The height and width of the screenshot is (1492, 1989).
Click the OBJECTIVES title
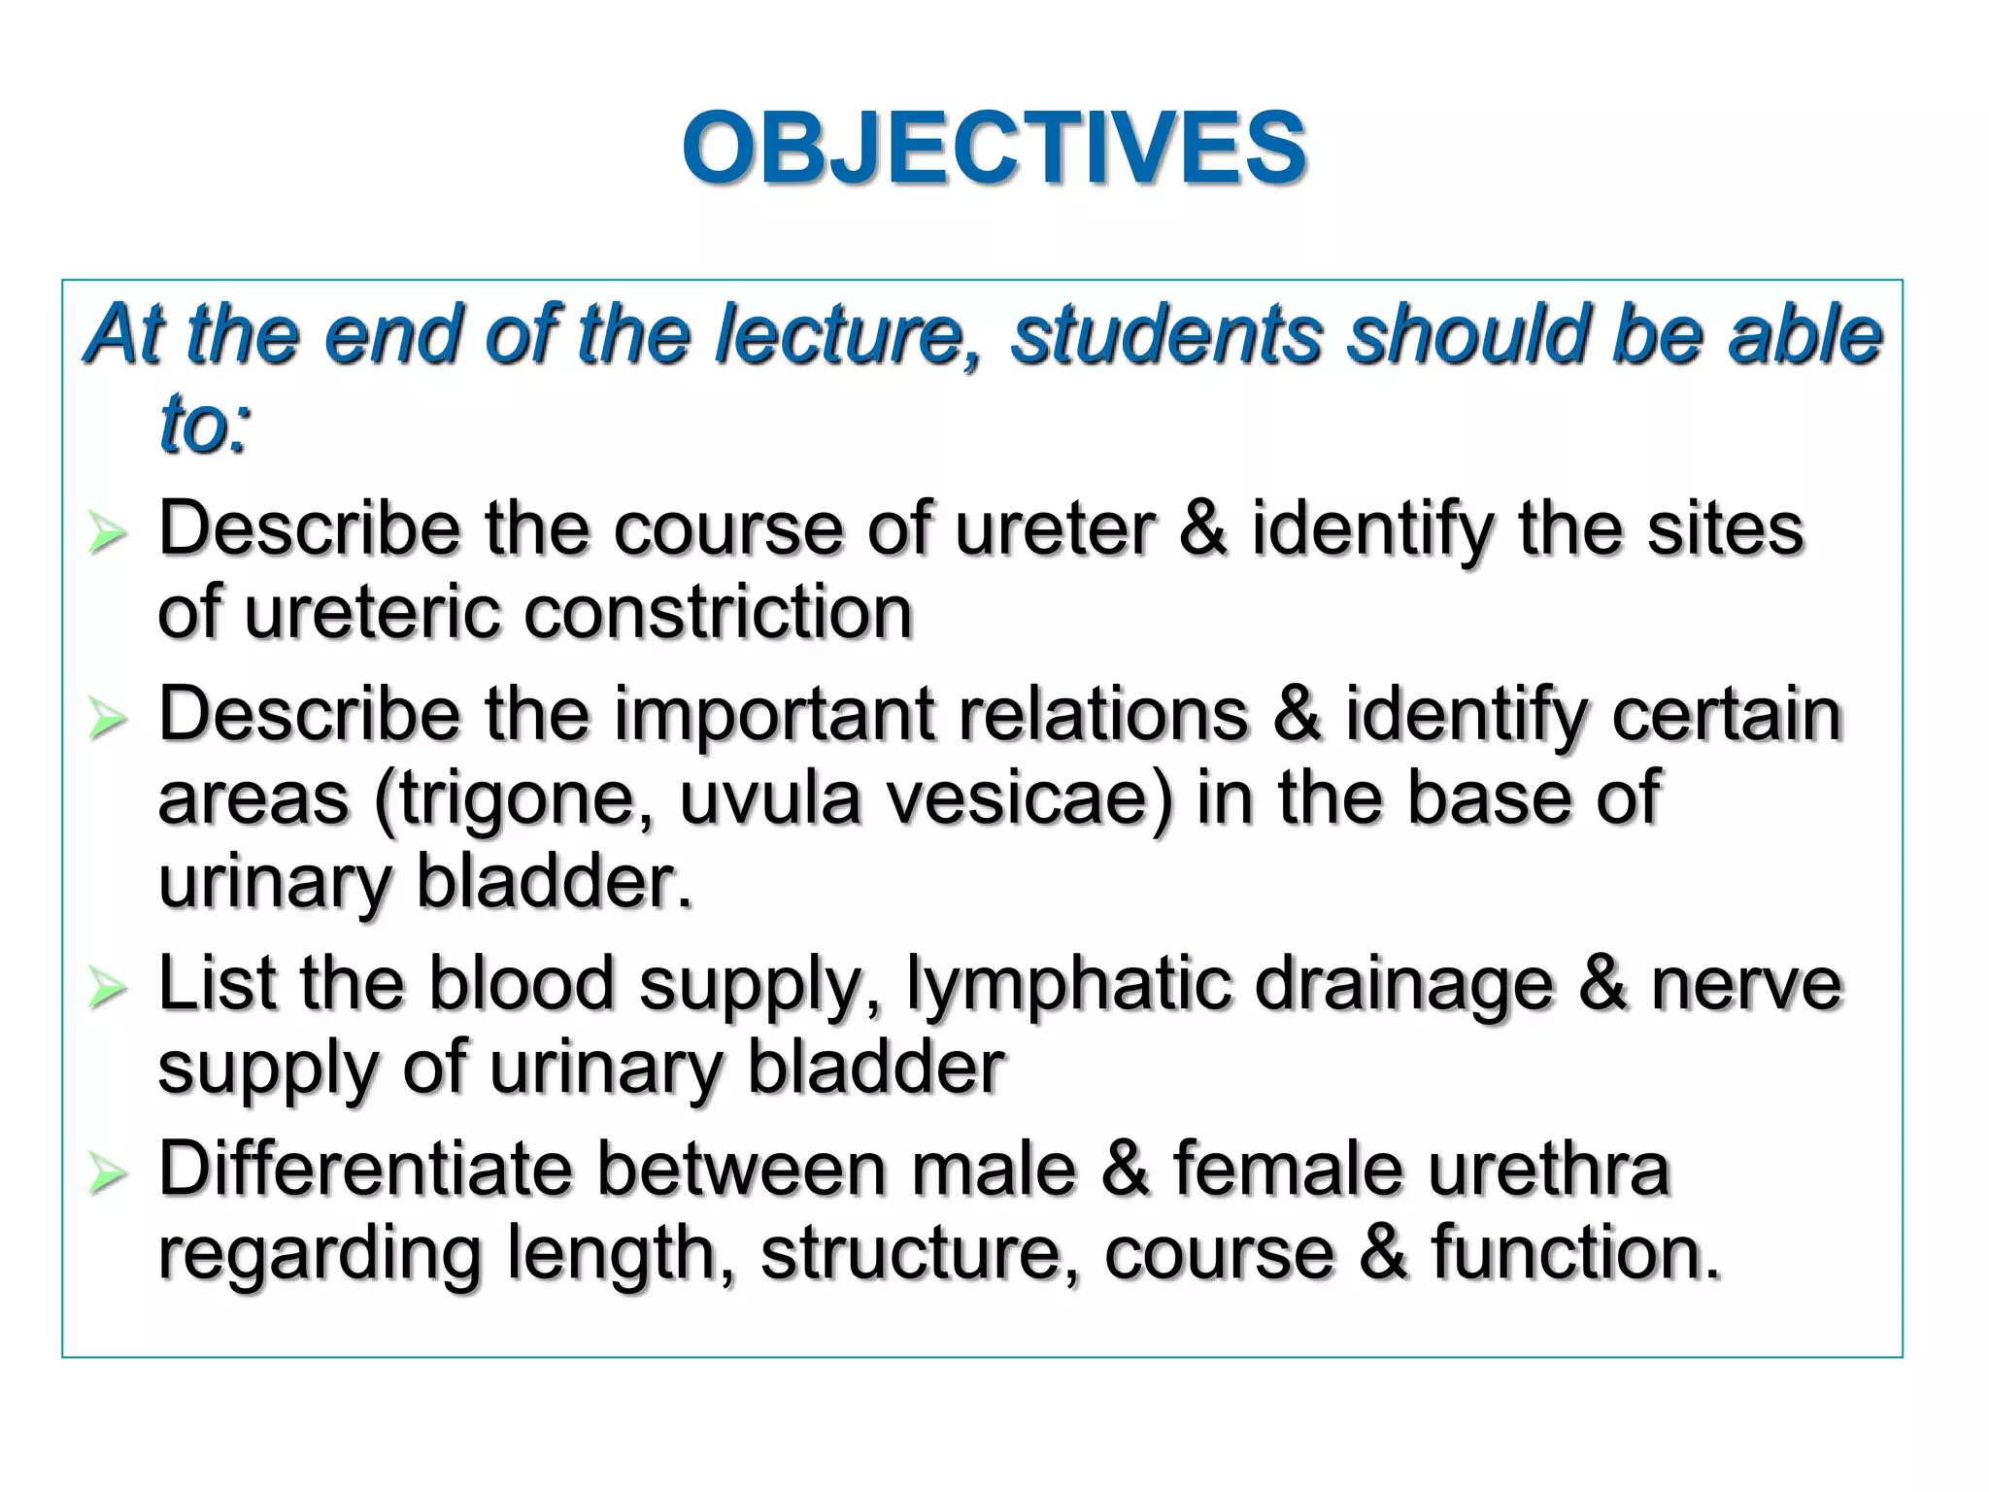pyautogui.click(x=994, y=148)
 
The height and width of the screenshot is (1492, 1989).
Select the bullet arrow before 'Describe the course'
pyautogui.click(x=106, y=533)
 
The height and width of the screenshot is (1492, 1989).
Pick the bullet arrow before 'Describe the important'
pyautogui.click(x=106, y=720)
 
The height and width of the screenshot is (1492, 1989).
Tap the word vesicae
pyautogui.click(x=1021, y=798)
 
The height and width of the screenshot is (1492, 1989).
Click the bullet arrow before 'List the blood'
pyautogui.click(x=106, y=989)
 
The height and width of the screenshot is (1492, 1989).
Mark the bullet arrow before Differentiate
pyautogui.click(x=106, y=1174)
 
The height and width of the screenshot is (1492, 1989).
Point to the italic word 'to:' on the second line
pyautogui.click(x=205, y=424)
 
